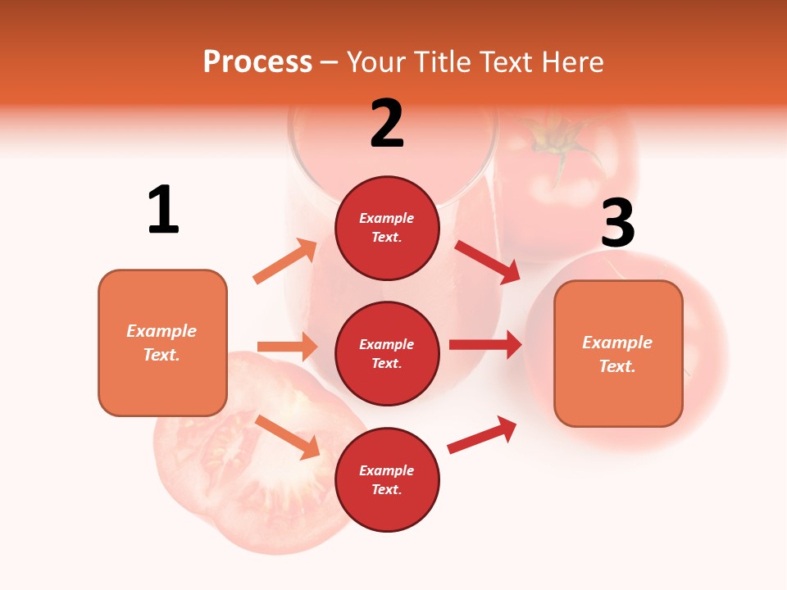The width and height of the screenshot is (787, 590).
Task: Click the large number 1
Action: pyautogui.click(x=163, y=211)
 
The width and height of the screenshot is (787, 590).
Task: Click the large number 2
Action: pyautogui.click(x=386, y=125)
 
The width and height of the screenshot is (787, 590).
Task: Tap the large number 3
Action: pyautogui.click(x=617, y=225)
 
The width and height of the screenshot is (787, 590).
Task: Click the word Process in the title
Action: pyautogui.click(x=257, y=61)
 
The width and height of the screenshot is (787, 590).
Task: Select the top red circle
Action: pyautogui.click(x=387, y=228)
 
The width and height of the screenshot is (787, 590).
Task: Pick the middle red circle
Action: pyautogui.click(x=387, y=353)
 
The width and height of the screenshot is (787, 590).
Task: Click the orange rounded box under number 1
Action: pyautogui.click(x=162, y=343)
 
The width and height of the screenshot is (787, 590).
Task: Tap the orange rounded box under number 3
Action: pyautogui.click(x=618, y=353)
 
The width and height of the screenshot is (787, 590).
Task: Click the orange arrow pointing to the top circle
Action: pyautogui.click(x=285, y=261)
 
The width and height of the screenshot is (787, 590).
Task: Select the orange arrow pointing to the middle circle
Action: pyautogui.click(x=287, y=347)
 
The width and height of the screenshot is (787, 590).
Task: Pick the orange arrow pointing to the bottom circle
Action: pyautogui.click(x=287, y=436)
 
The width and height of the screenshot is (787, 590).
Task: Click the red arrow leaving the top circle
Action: pyautogui.click(x=487, y=261)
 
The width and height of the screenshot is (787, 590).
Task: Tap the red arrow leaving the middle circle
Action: pyautogui.click(x=484, y=345)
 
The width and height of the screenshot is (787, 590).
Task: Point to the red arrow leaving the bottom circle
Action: pyautogui.click(x=482, y=434)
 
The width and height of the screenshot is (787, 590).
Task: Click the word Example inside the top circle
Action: pyautogui.click(x=387, y=218)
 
